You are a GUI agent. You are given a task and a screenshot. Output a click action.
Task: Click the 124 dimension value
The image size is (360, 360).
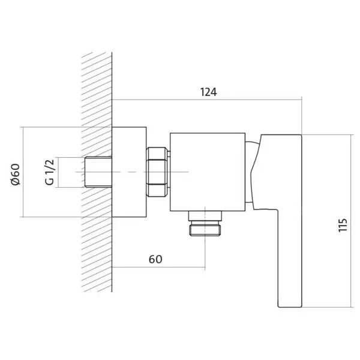208,92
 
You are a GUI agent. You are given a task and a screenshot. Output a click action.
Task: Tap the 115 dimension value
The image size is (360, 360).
343,225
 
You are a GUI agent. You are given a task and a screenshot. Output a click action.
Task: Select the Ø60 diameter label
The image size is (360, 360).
16,175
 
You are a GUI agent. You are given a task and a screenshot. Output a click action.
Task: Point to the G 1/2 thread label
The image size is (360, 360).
50,172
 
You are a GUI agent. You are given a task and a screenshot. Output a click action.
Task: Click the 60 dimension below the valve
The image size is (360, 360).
155,259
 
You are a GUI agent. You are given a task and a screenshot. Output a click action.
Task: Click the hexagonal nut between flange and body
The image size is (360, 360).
157,172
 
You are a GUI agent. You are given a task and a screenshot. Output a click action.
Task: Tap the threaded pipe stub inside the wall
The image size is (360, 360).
98,172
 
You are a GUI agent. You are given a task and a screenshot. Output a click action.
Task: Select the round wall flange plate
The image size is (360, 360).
129,172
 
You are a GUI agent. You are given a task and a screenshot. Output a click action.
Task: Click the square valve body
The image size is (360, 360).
208,172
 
